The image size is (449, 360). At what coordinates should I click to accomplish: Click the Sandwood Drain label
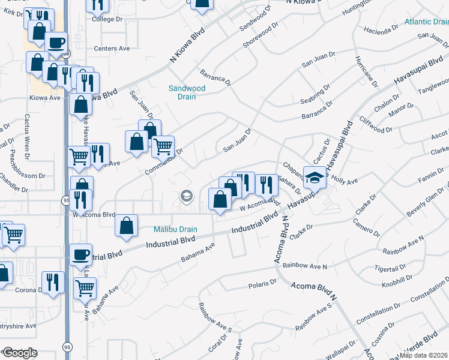click(187, 92)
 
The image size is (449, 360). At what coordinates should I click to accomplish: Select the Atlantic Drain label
click(426, 22)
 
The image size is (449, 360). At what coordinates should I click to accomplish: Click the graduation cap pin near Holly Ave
click(315, 177)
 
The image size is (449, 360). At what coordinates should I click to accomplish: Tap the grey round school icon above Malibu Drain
click(186, 196)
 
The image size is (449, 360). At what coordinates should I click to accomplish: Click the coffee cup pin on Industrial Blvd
click(80, 255)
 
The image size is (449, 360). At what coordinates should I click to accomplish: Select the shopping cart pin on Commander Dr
click(163, 146)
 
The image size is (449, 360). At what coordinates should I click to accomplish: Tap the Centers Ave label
click(112, 49)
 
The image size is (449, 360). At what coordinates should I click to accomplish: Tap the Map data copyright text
click(424, 355)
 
